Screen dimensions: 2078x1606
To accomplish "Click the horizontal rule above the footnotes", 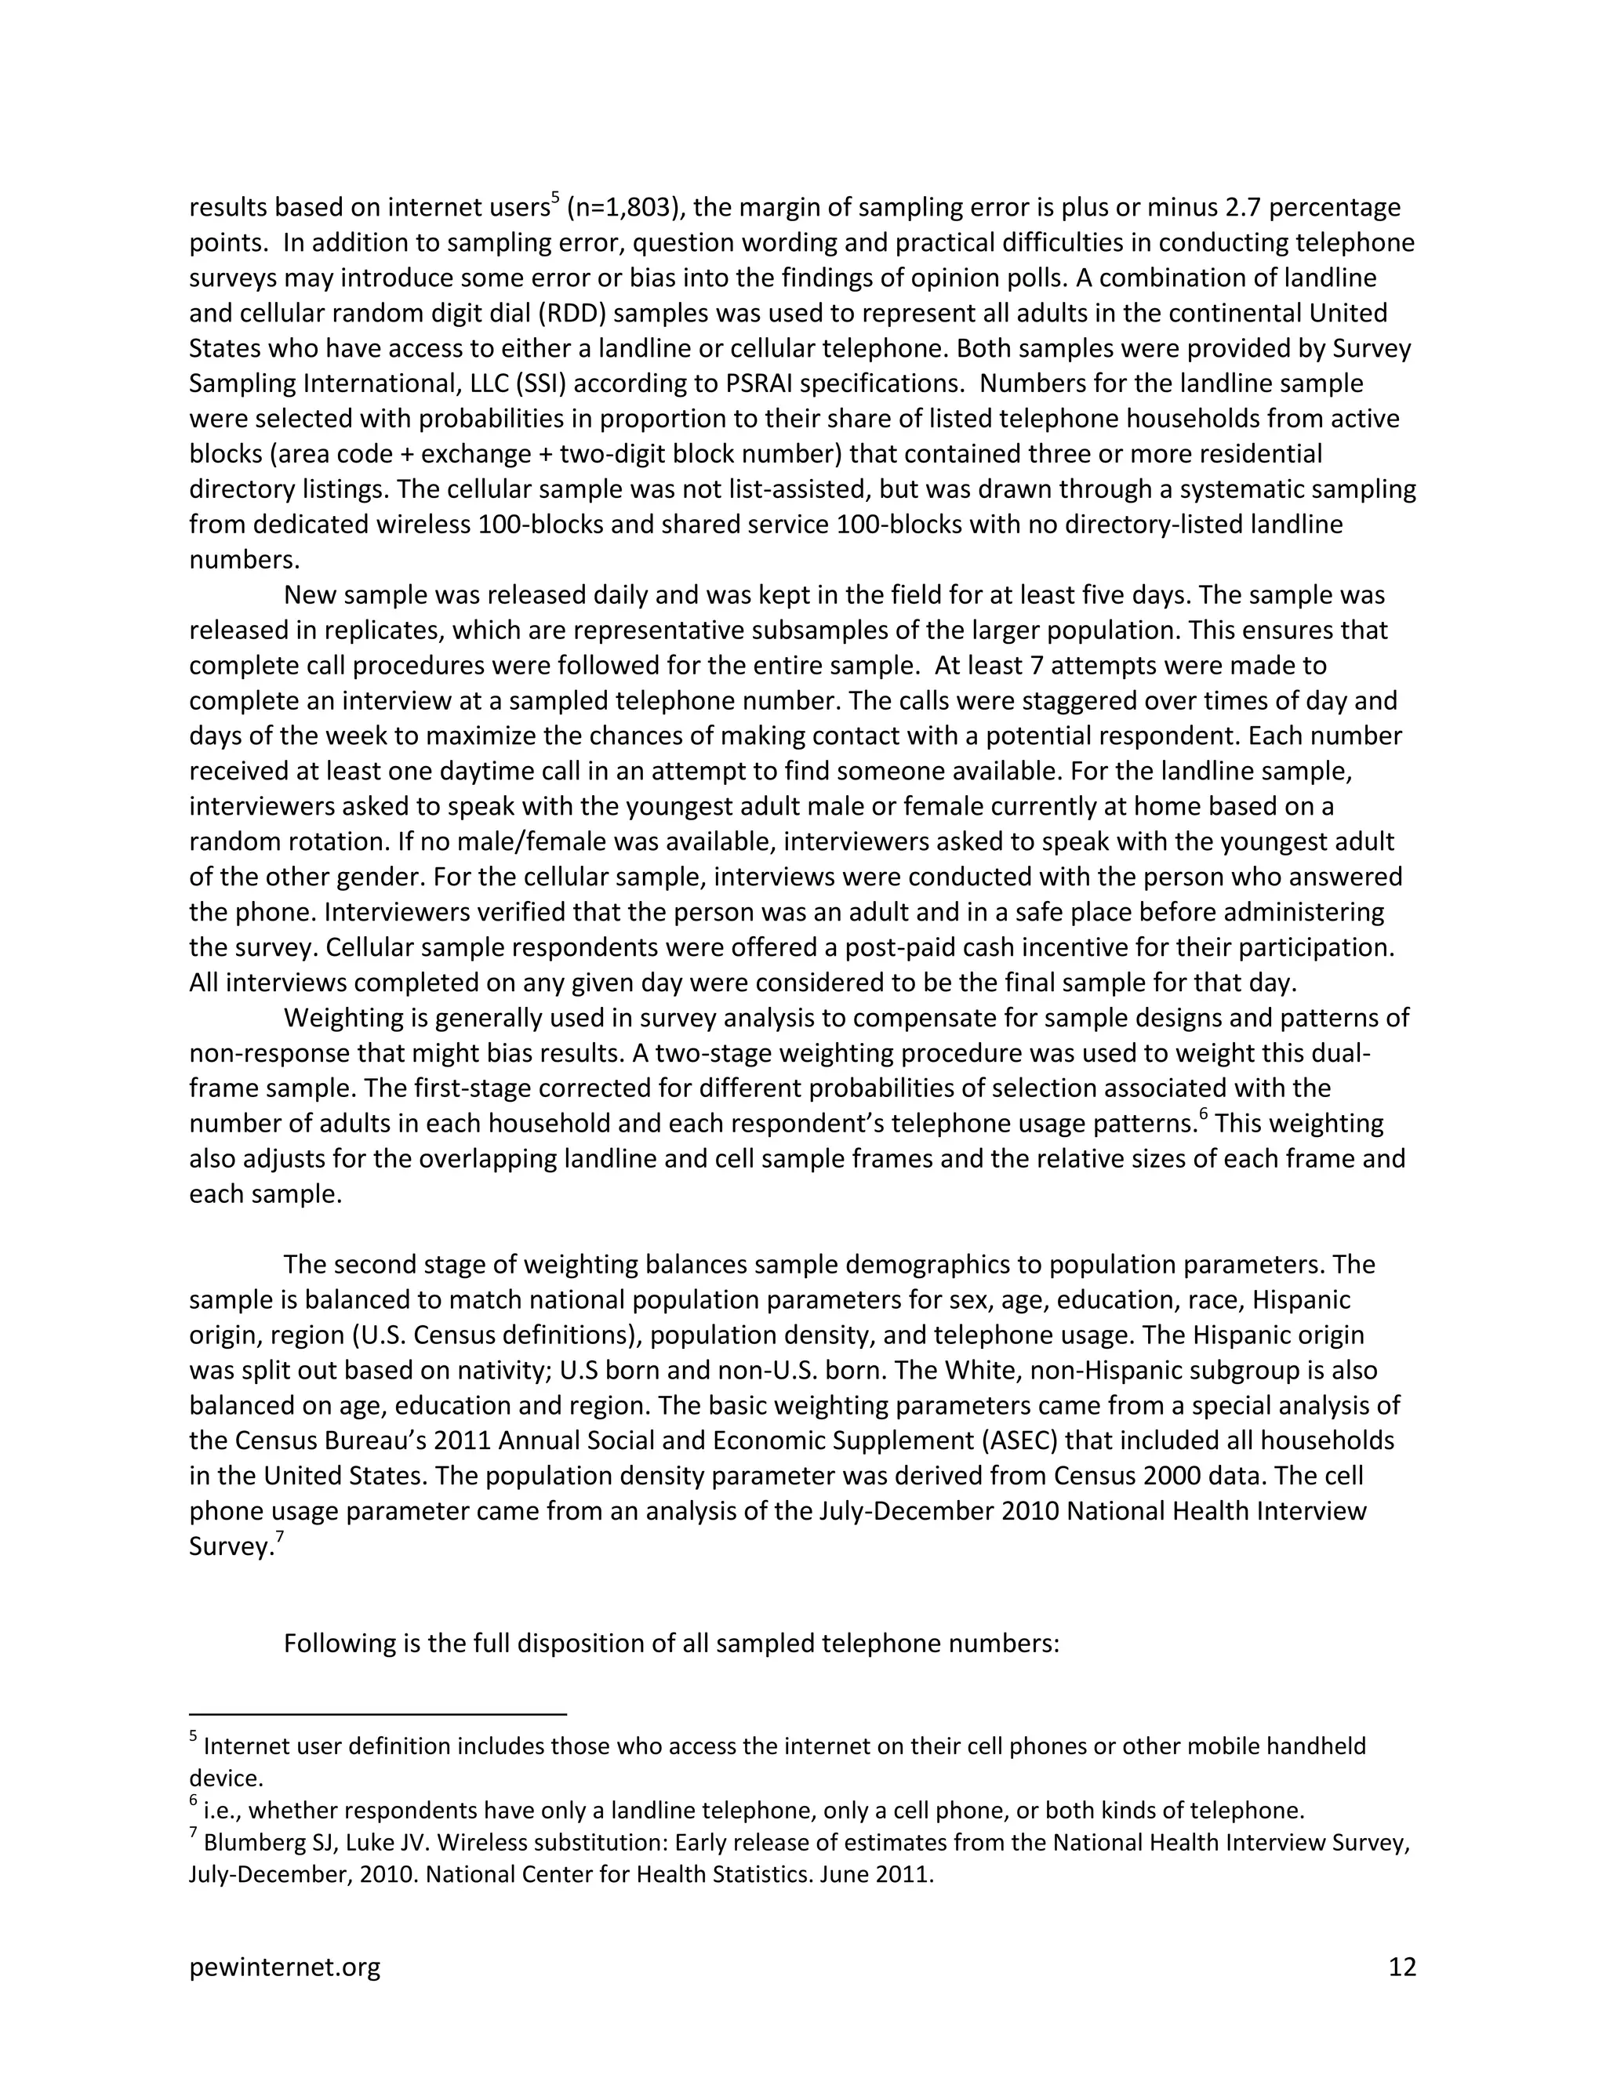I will click(378, 1714).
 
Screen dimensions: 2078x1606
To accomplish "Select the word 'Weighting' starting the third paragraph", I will click(343, 1018).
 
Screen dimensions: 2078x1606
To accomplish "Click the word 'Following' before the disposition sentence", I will click(340, 1643).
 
